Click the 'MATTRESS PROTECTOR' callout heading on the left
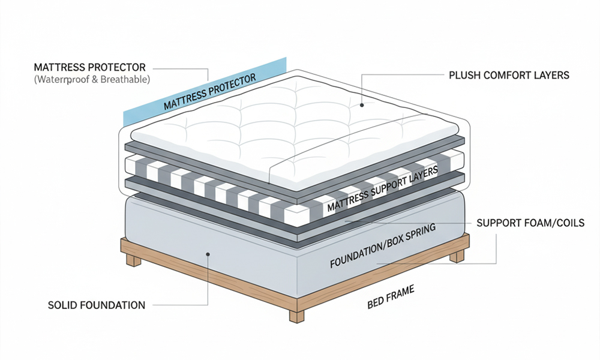point(90,67)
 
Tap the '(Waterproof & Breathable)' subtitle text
point(92,79)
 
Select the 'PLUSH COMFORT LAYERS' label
point(509,76)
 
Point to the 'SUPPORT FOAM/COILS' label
point(530,223)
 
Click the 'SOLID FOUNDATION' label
point(96,305)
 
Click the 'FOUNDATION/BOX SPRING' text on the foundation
point(380,248)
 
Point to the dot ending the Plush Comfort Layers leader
point(362,105)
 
